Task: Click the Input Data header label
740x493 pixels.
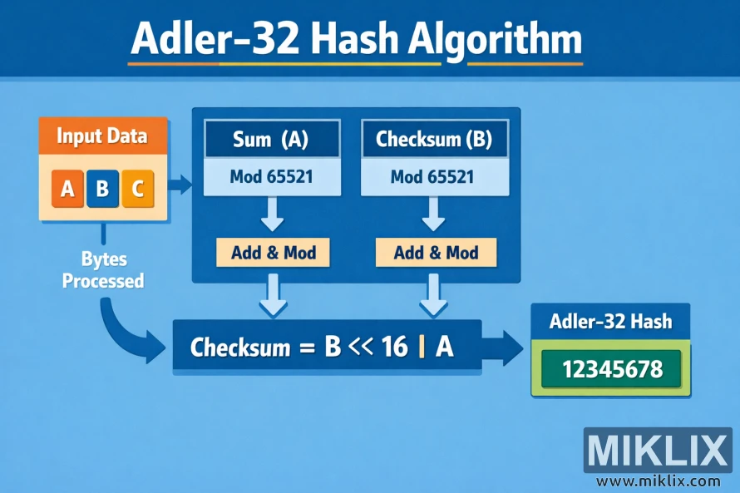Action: tap(102, 136)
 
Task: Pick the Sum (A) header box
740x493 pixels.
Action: tap(271, 140)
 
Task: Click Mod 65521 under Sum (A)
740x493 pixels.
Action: tap(271, 176)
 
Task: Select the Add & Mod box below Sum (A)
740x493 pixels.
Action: tap(273, 252)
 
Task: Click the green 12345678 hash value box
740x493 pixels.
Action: tap(612, 368)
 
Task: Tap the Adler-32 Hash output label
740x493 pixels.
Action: tap(611, 322)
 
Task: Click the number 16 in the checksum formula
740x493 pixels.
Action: tap(395, 347)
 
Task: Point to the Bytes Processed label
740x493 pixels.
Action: tap(103, 269)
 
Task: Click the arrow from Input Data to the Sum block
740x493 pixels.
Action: tap(180, 184)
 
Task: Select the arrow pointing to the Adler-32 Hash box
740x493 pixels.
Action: tap(504, 346)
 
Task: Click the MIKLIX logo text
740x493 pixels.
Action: tap(656, 451)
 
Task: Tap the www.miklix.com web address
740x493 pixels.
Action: tap(658, 481)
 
